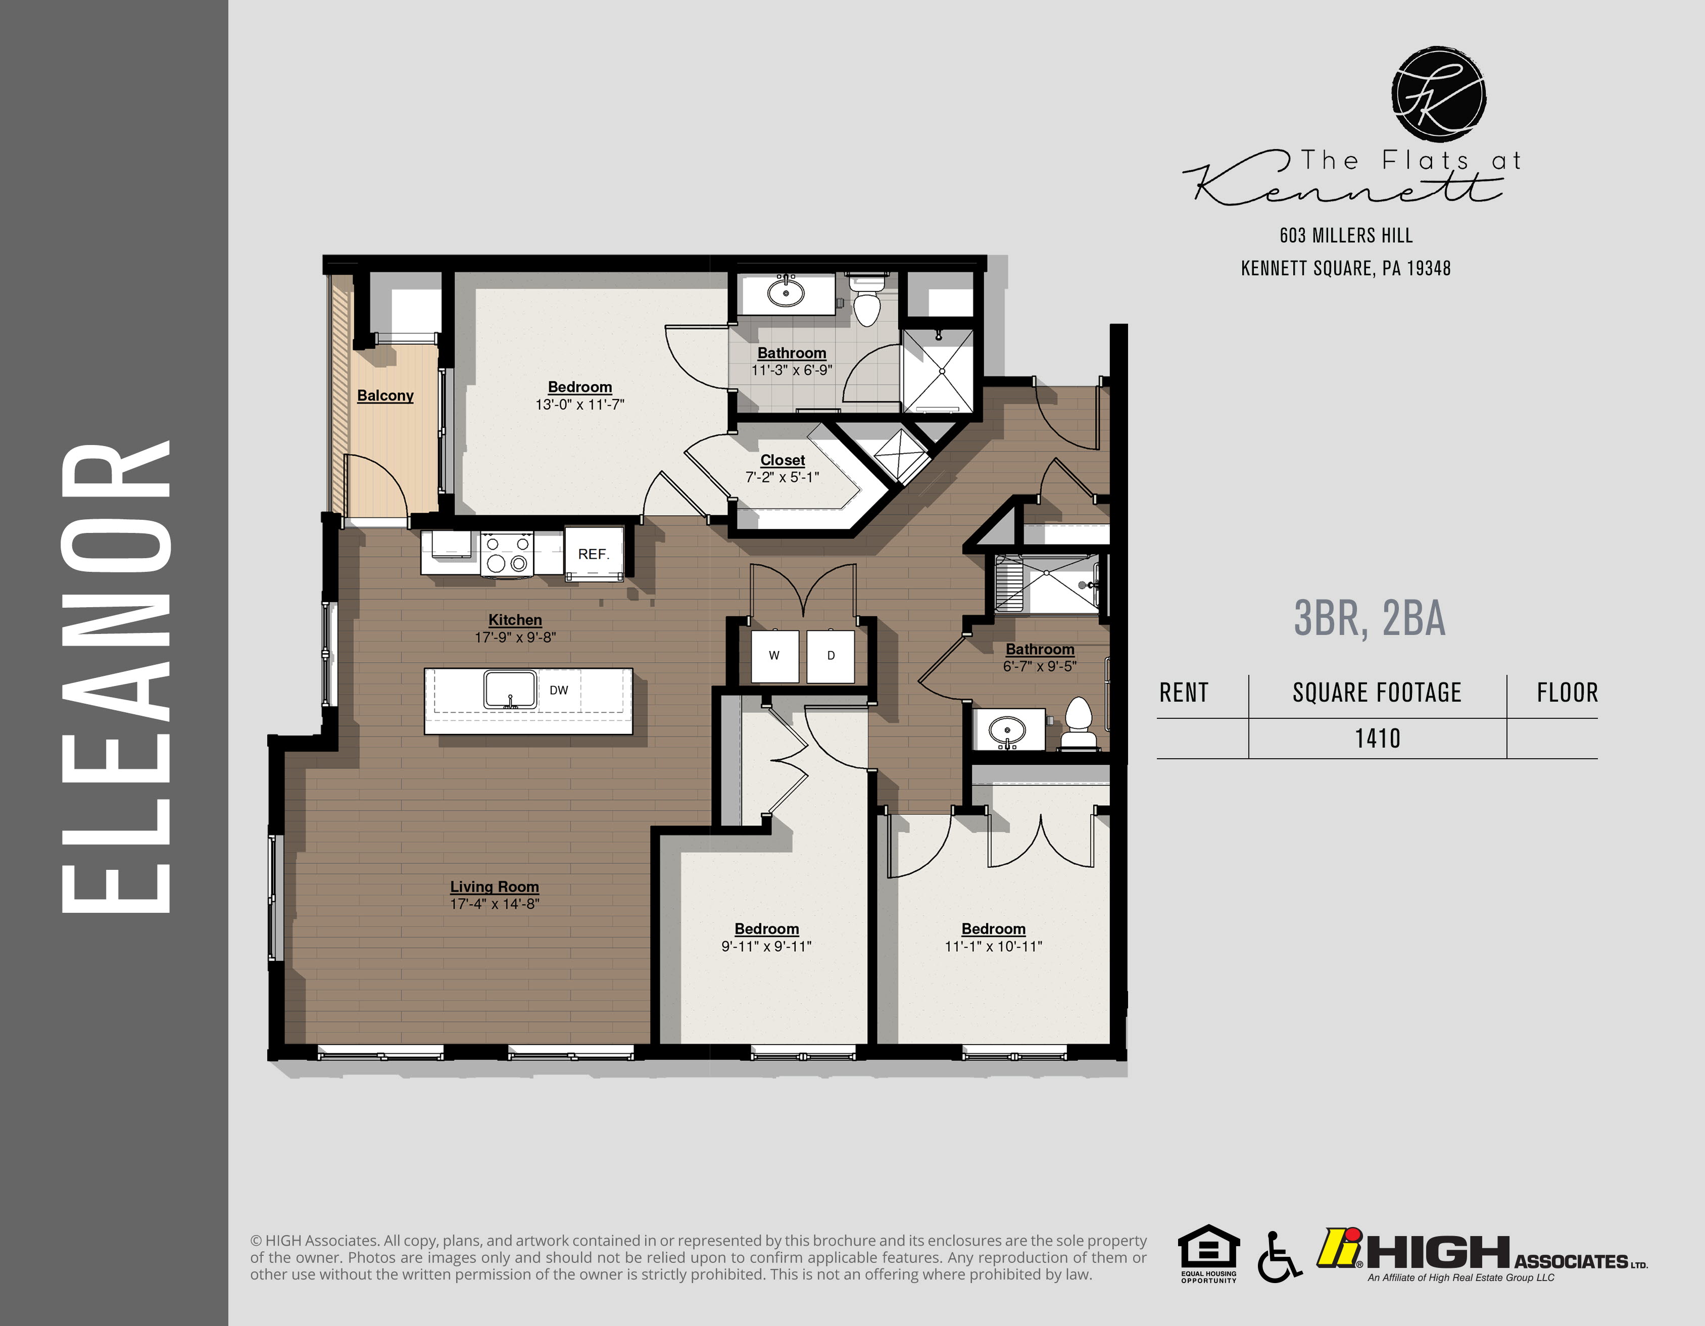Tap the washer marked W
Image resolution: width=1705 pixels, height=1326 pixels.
[773, 656]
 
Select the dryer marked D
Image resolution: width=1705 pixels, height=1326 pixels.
[831, 656]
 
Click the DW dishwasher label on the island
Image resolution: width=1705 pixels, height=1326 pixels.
[559, 690]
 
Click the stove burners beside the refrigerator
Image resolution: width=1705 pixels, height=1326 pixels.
[507, 553]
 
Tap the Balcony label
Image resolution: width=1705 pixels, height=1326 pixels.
[385, 396]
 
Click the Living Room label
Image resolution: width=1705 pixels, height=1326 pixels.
[494, 887]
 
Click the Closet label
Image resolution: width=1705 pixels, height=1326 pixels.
[782, 461]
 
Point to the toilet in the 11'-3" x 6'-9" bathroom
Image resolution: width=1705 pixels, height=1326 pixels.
[866, 305]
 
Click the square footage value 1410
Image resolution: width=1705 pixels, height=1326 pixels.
[1377, 739]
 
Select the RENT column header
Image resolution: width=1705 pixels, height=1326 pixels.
[1184, 692]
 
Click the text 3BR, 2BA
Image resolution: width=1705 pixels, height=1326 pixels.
[1370, 619]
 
